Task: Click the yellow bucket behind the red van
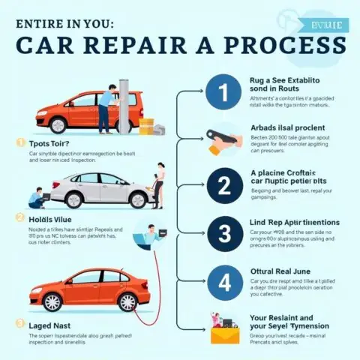pyautogui.click(x=146, y=125)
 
